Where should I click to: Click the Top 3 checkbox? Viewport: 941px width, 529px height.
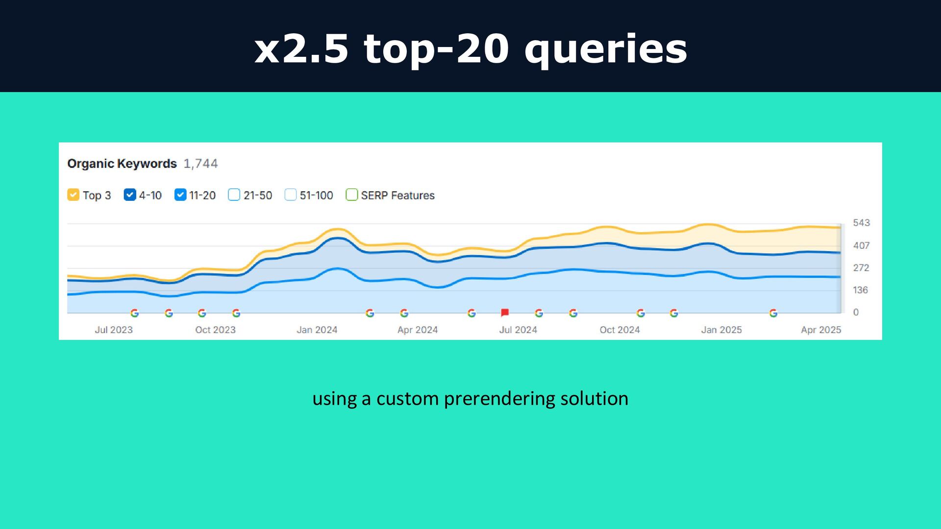(74, 195)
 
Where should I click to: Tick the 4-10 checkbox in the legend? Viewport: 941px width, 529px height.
(130, 195)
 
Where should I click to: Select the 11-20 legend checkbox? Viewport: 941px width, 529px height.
(180, 195)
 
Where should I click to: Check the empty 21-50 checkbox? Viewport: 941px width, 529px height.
(234, 195)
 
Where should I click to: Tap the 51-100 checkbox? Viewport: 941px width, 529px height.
(291, 195)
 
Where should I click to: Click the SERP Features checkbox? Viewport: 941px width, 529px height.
(352, 195)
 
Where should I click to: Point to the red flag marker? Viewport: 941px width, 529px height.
(505, 313)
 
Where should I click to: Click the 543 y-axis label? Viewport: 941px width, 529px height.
(861, 223)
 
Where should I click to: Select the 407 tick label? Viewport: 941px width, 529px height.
(861, 245)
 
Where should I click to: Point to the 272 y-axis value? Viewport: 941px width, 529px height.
(861, 268)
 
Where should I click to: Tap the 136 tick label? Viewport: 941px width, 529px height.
(860, 290)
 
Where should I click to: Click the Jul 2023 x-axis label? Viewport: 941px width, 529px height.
(114, 330)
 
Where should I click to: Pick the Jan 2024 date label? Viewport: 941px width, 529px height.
(317, 330)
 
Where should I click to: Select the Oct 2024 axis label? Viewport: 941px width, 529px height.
(619, 330)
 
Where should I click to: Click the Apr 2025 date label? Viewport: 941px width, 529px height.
(821, 330)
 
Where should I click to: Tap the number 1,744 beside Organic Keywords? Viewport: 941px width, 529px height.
(200, 164)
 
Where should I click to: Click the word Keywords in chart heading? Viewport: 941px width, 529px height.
(150, 164)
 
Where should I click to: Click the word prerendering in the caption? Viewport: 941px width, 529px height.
(499, 399)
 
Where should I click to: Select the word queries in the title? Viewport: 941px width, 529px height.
(606, 50)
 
